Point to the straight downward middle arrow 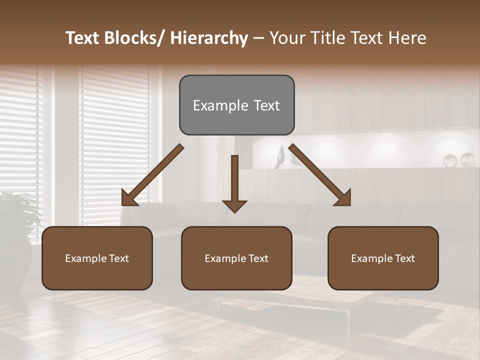234,180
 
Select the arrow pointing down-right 320,175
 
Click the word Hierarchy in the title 208,38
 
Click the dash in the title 258,38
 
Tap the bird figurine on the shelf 280,157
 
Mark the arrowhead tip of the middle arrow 234,212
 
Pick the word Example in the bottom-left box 85,258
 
